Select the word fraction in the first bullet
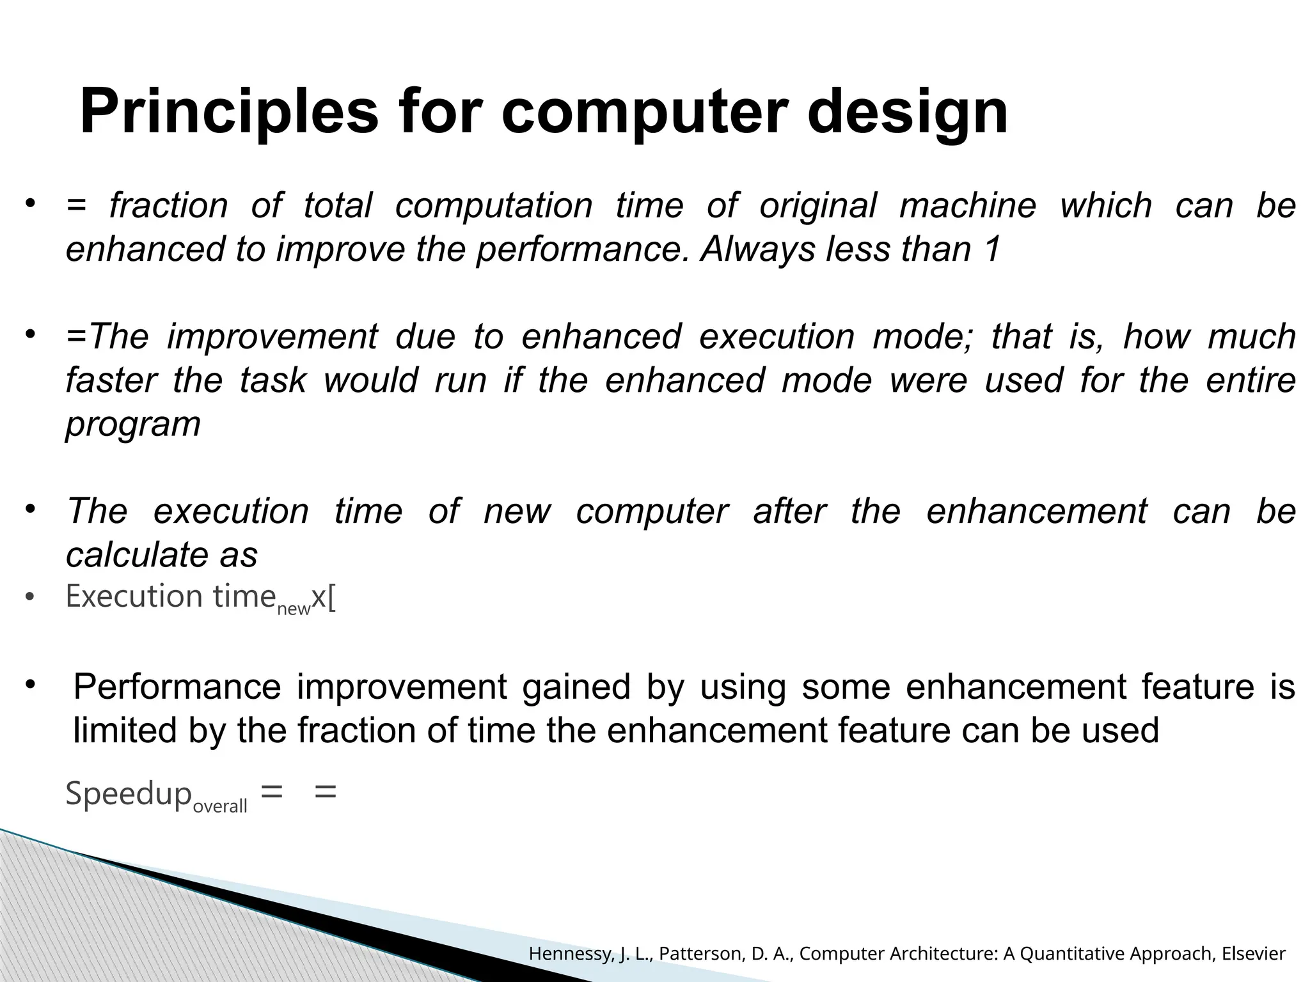coord(168,206)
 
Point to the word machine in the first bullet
coord(967,206)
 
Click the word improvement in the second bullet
coord(272,337)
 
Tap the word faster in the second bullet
coord(111,380)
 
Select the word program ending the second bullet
coord(133,425)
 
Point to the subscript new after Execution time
coord(294,609)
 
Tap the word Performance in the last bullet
coord(177,688)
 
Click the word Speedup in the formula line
coord(129,795)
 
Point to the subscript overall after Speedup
coord(219,807)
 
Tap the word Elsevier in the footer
coord(1253,955)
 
